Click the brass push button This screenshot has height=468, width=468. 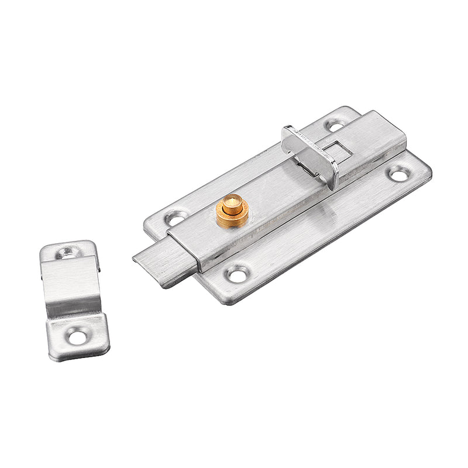point(232,206)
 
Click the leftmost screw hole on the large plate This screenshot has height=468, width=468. point(175,218)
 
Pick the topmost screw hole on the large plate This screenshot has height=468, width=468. point(335,125)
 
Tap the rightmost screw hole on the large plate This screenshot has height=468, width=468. point(399,173)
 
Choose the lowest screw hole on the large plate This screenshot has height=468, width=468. point(237,273)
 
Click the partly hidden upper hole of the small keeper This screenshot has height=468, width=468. point(68,252)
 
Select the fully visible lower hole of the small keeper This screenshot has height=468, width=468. point(76,336)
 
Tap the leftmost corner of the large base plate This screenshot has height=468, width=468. point(146,222)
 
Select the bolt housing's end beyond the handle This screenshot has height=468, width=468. point(380,137)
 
